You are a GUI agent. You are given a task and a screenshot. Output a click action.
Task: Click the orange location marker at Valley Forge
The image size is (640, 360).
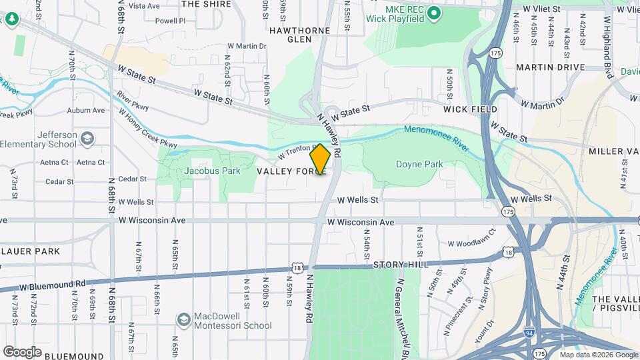[320, 159]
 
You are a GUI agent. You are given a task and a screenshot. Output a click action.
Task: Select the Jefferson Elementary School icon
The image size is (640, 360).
[87, 139]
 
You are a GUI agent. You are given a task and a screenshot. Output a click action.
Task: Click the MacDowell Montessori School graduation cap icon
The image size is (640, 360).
[183, 320]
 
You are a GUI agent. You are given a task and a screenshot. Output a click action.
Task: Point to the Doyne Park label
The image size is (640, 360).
[419, 164]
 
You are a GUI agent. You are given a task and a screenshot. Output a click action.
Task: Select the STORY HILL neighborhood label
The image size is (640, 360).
[398, 265]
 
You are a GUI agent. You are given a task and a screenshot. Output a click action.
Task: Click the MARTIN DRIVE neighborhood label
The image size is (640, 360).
[550, 67]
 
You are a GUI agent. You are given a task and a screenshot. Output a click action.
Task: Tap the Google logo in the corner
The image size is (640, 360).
[23, 351]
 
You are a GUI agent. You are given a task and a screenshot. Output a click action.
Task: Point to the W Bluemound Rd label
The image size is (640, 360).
[45, 285]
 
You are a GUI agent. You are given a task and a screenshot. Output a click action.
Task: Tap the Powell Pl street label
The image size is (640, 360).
[170, 21]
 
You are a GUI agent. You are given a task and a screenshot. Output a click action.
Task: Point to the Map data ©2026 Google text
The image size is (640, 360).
[597, 355]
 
